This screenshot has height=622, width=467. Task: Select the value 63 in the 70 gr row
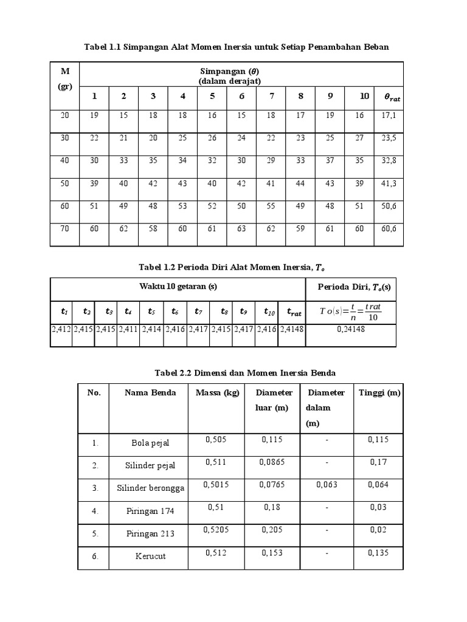click(241, 230)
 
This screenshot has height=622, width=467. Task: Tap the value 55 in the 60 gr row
click(271, 207)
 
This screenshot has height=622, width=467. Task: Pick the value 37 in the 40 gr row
click(330, 161)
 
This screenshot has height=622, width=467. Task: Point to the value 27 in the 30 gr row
click(359, 138)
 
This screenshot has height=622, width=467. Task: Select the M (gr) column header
click(64, 79)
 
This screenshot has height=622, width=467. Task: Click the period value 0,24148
click(350, 329)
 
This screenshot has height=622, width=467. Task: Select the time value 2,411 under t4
click(128, 329)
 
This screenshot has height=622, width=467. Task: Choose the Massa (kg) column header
click(217, 393)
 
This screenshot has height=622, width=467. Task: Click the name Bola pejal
click(149, 443)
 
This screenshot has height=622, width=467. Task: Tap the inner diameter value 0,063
click(327, 484)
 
